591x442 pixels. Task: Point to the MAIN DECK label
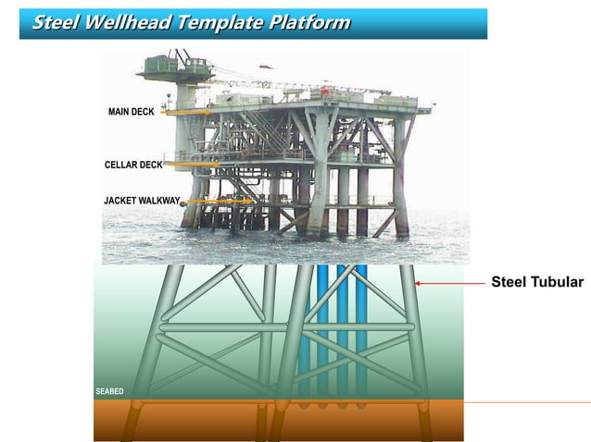(132, 112)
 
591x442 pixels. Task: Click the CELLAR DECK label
(133, 165)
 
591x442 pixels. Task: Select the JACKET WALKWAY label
(142, 200)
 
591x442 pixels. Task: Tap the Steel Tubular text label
(537, 282)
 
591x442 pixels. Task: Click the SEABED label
(109, 392)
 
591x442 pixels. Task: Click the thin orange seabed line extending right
(528, 402)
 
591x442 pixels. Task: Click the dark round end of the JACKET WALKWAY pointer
(183, 202)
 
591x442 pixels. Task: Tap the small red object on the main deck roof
(325, 92)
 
